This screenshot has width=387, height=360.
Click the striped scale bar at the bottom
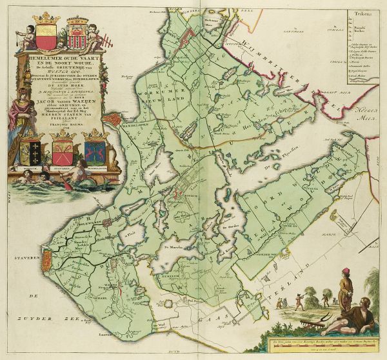(x=322, y=348)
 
